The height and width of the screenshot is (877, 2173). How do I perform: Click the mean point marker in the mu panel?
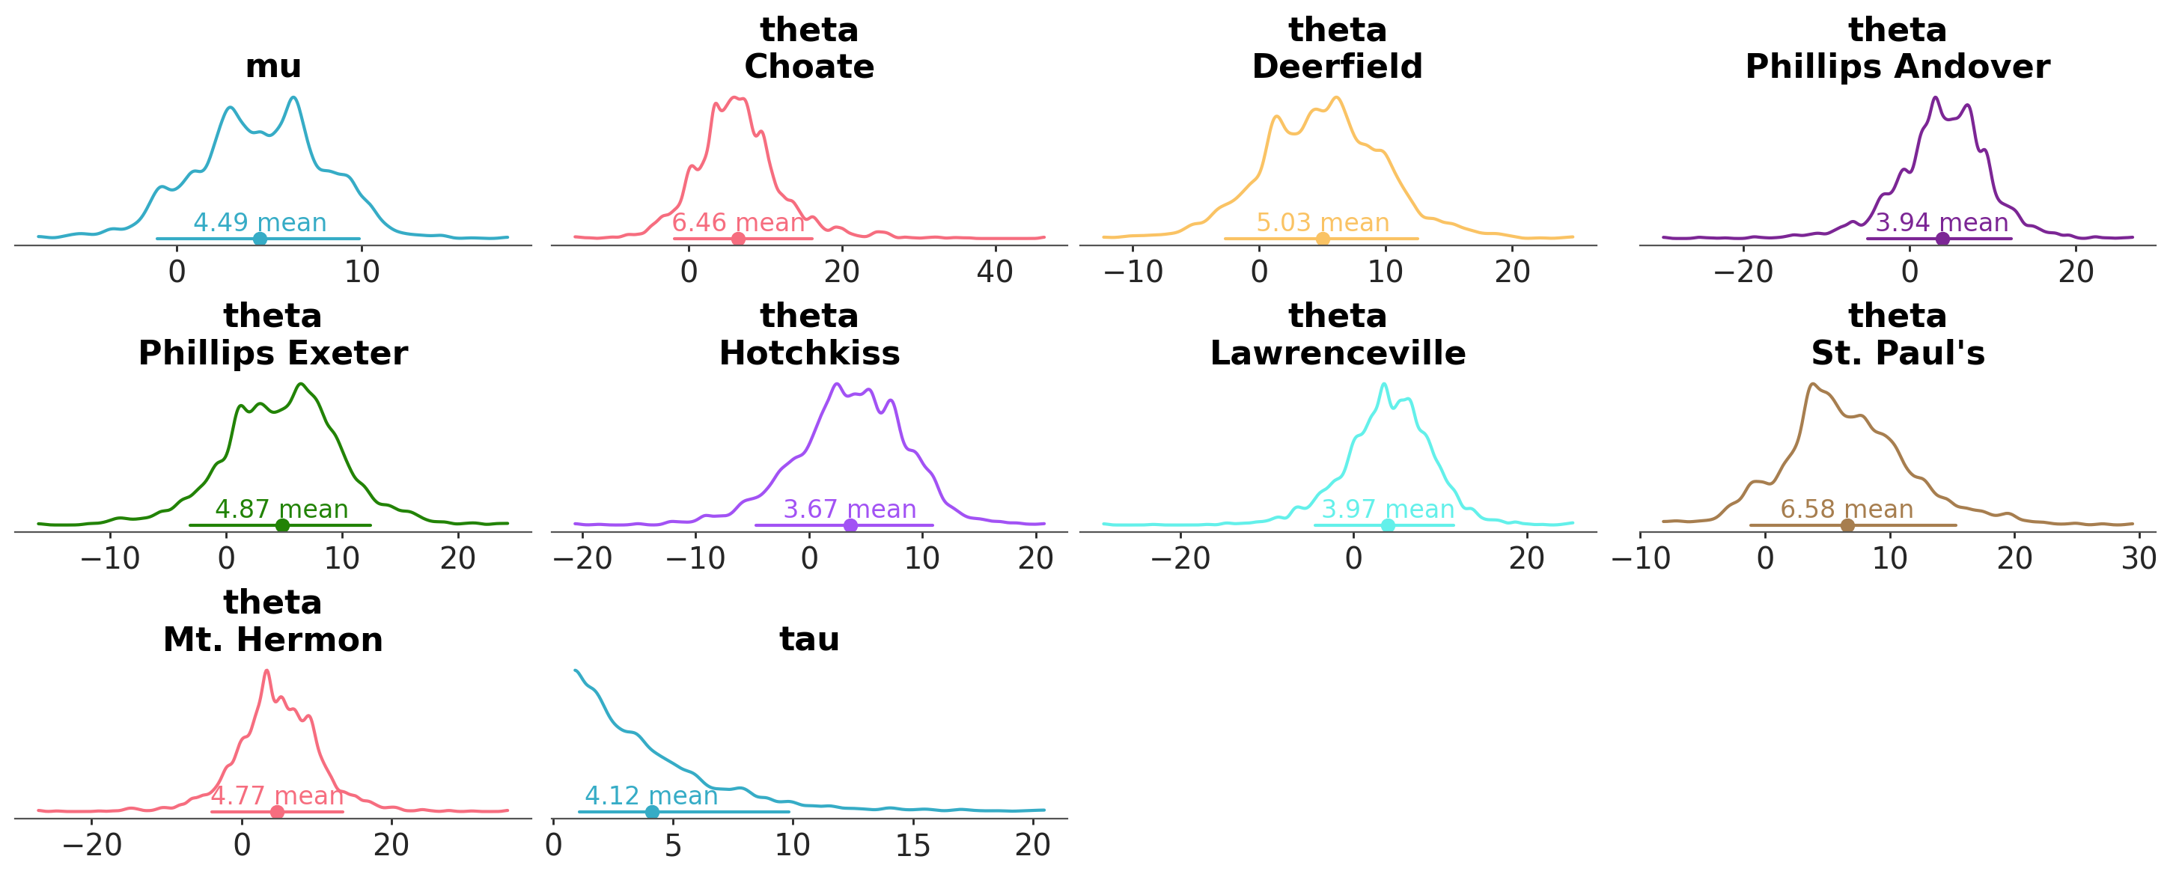coord(260,239)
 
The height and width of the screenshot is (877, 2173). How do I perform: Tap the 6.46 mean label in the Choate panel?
coord(738,223)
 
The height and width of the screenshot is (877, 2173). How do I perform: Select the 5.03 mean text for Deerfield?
coord(1322,223)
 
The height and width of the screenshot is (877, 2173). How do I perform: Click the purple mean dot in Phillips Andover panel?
coord(1942,239)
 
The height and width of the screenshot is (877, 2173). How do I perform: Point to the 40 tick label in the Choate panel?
coord(995,272)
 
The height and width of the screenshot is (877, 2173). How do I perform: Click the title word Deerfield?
coord(1337,67)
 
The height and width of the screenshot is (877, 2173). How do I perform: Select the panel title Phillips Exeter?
coord(272,353)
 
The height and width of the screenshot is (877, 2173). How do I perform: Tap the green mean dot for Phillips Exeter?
coord(283,525)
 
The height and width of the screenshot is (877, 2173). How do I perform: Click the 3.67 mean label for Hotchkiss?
coord(850,510)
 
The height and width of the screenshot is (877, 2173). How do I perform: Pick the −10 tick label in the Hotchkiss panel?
coord(696,558)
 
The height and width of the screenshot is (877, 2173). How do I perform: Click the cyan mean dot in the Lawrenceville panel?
coord(1388,525)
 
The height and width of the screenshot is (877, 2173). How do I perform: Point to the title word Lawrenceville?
coord(1337,353)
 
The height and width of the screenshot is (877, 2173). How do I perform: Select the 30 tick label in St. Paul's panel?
coord(2139,558)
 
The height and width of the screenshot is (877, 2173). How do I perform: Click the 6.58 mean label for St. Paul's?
coord(1847,510)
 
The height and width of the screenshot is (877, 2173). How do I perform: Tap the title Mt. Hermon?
coord(272,640)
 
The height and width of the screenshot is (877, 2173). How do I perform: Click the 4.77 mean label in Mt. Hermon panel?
coord(277,795)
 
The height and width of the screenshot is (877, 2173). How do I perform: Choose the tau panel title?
coord(809,639)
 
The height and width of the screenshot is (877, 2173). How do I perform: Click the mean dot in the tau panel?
coord(652,812)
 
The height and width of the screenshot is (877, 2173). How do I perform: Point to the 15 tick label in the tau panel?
coord(912,845)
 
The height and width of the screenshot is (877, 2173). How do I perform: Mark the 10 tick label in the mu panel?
coord(361,272)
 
